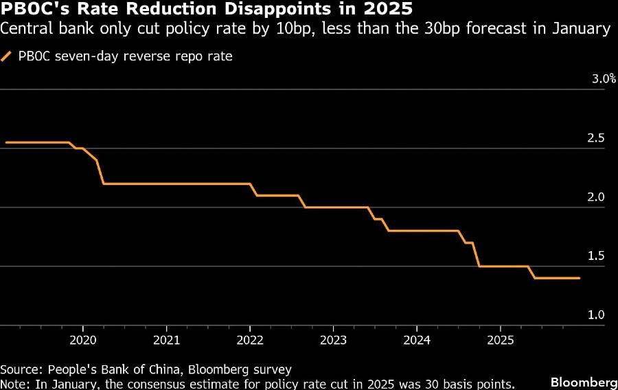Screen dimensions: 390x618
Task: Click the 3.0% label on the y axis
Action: pyautogui.click(x=604, y=79)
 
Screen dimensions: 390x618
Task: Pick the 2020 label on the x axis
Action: pyautogui.click(x=83, y=340)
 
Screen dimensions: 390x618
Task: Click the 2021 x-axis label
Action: pyautogui.click(x=167, y=340)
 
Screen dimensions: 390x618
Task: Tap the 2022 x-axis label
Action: pyautogui.click(x=250, y=340)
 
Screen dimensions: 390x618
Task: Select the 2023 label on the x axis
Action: pyautogui.click(x=334, y=340)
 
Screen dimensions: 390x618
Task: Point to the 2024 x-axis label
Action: pyautogui.click(x=417, y=340)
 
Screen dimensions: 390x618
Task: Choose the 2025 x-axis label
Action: pyautogui.click(x=501, y=340)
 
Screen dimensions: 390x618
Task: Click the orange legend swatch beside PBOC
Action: pyautogui.click(x=7, y=56)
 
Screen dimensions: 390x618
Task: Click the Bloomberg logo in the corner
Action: pyautogui.click(x=584, y=382)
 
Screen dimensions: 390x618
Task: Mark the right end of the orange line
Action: pyautogui.click(x=580, y=278)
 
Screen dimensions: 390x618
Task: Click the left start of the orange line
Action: pyautogui.click(x=5, y=142)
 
